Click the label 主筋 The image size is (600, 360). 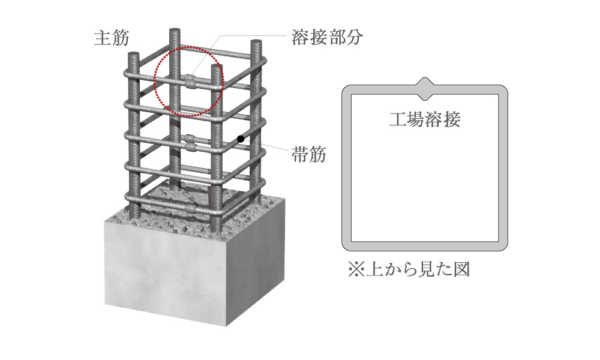coord(112,38)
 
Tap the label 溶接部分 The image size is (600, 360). coord(326,37)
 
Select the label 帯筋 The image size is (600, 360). coord(308,155)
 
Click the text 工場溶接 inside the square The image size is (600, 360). coord(424,119)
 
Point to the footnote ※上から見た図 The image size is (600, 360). coord(409,269)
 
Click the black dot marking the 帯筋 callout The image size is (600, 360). coord(241,139)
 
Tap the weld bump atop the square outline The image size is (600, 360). coord(425,89)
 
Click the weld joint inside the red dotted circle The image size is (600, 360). coord(190,82)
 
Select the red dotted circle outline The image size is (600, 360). coord(155,82)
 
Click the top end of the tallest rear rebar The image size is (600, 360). coord(175,31)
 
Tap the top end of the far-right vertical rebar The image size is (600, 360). coord(256,42)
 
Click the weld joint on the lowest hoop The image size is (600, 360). coord(190,209)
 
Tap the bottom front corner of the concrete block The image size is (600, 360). coord(227,326)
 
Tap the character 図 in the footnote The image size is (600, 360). coord(461,269)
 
